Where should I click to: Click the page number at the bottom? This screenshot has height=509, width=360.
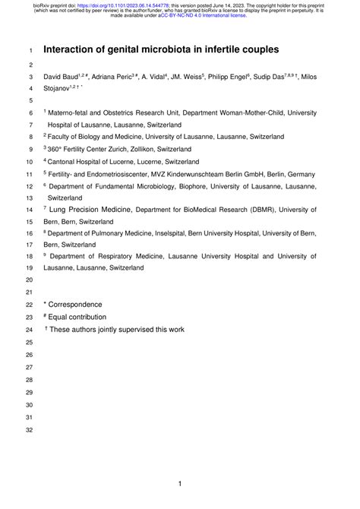click(180, 484)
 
